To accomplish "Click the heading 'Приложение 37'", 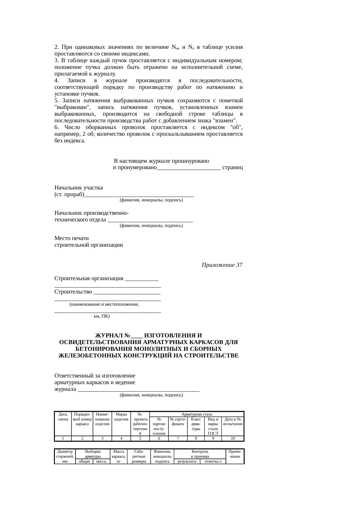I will tap(222, 265).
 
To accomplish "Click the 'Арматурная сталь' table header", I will tap(197, 414).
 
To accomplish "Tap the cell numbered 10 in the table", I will tap(233, 438).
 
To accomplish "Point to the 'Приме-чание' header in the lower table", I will tap(235, 454).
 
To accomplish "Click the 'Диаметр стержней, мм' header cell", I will tap(65, 456).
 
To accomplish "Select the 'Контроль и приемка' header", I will tap(200, 454).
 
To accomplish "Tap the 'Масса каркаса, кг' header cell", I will tap(118, 456).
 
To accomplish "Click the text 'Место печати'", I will tap(72, 238).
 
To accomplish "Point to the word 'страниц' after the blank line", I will tap(232, 168).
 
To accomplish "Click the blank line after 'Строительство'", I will tap(127, 292).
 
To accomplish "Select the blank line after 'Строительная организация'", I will tap(141, 279).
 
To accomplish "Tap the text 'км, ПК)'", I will tap(102, 316).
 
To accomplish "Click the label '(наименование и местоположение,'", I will tap(104, 304).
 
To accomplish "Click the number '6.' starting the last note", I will tap(57, 128).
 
